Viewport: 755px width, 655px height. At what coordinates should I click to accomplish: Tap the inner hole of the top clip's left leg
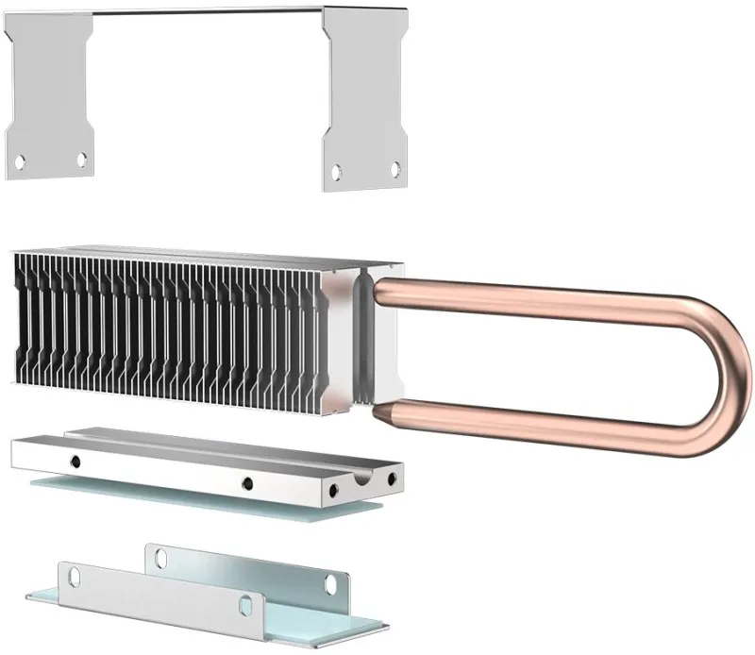(82, 159)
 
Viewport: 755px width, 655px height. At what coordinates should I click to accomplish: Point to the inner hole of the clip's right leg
(336, 171)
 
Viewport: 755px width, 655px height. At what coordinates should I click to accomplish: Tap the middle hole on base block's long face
(246, 484)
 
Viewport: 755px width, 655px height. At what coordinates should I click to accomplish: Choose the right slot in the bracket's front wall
(246, 602)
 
